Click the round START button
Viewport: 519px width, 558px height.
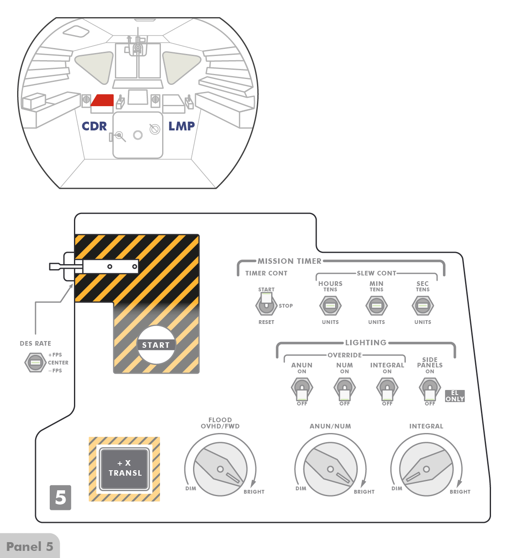coord(156,345)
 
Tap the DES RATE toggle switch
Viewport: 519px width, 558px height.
coord(35,362)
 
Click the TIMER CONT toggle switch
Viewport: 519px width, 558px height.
coord(266,305)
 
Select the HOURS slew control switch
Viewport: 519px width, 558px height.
coord(330,306)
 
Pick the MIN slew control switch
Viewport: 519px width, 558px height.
coord(377,306)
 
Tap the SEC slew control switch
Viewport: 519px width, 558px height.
coord(422,306)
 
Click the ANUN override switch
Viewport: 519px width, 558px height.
coord(302,389)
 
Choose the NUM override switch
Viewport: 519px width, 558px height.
coord(344,389)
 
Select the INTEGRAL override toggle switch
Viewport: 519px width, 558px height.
coord(387,389)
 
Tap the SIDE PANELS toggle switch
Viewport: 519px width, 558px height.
coord(430,389)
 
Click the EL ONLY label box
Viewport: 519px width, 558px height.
coord(455,396)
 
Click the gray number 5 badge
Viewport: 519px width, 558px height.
coord(61,497)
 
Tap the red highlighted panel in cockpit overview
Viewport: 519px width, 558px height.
coord(103,100)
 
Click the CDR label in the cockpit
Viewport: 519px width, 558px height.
coord(94,126)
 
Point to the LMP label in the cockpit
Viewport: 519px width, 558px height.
coord(182,126)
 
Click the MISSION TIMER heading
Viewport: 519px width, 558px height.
coord(289,261)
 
